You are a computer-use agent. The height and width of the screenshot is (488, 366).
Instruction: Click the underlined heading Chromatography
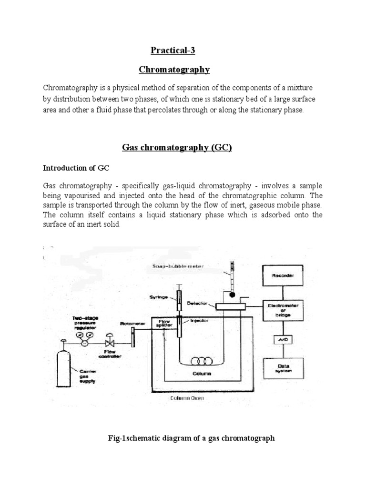[174, 70]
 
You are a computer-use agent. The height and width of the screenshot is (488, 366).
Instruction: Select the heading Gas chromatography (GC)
[176, 148]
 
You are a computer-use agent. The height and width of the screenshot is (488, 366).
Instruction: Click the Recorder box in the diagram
[283, 276]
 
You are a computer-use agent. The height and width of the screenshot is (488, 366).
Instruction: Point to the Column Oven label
[186, 398]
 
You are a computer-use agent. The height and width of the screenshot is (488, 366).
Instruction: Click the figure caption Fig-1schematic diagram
[191, 438]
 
